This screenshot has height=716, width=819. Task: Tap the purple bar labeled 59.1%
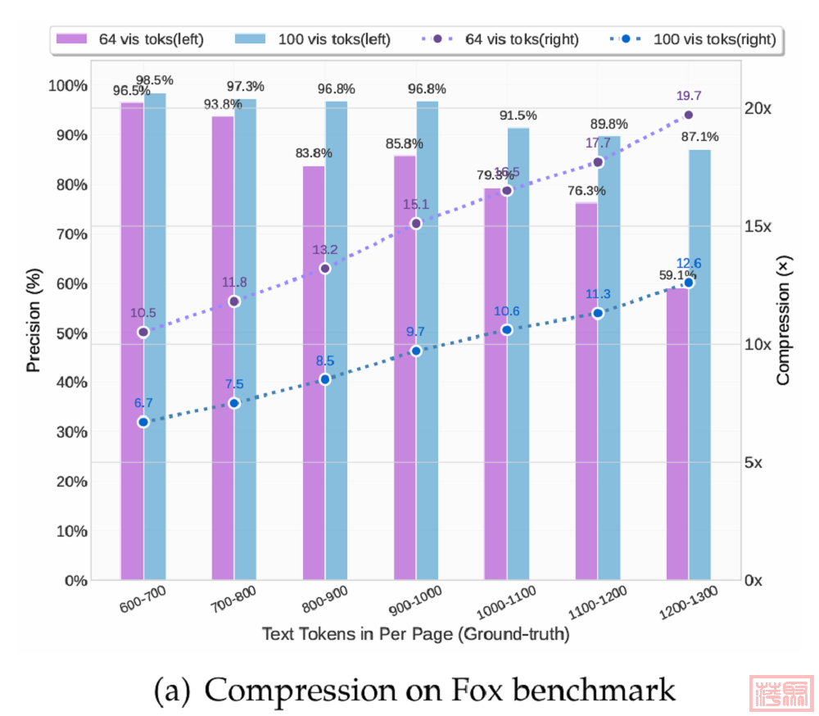click(x=676, y=433)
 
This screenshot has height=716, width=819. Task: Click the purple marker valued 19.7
click(x=688, y=115)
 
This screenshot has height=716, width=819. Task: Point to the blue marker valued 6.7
click(x=143, y=422)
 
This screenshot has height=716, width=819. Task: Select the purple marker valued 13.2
click(x=325, y=269)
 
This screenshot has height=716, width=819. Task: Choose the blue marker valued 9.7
click(x=416, y=351)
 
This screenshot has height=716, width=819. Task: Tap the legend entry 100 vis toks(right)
click(x=696, y=39)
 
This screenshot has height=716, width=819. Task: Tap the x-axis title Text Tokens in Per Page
click(x=415, y=634)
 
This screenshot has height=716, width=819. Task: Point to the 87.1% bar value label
click(x=699, y=137)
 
